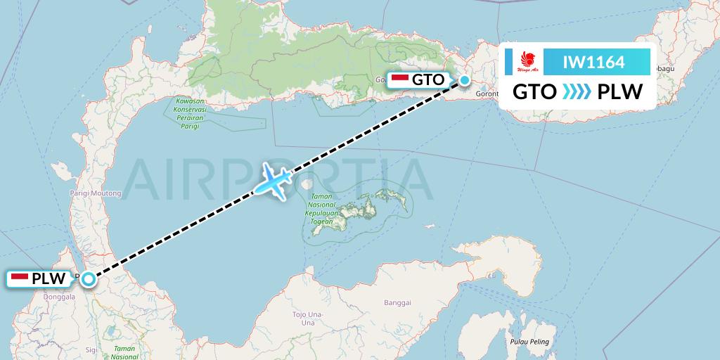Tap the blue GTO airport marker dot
pos(465,80)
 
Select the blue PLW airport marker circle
pos(88,279)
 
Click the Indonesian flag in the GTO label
pos(399,79)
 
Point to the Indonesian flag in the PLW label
pos(20,278)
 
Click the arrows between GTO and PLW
pos(576,92)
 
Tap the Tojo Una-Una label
pos(307,318)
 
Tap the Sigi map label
pos(91,348)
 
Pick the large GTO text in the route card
pos(534,92)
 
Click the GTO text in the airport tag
pos(428,79)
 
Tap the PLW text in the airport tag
pos(49,279)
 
